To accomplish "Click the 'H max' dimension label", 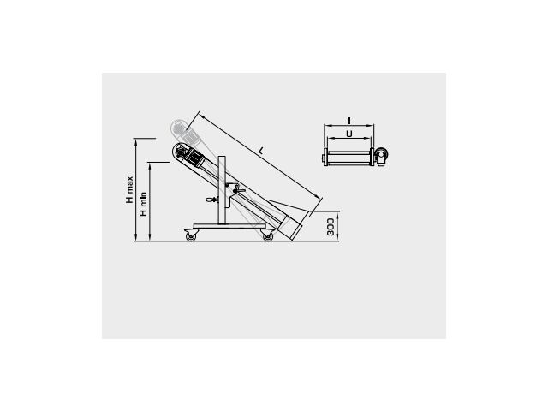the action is [129, 190].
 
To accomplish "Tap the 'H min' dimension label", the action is [143, 204].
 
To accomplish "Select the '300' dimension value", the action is [331, 227].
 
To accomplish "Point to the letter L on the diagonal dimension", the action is [261, 151].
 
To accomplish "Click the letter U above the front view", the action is [348, 134].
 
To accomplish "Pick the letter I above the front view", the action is [349, 121].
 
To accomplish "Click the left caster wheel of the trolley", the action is [191, 236].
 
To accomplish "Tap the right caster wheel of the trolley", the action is [267, 236].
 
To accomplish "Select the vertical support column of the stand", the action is [222, 190].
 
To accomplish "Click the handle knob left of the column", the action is [211, 200].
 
